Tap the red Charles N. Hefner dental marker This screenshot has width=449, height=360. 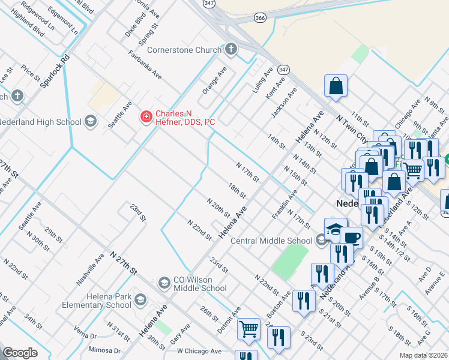coord(145,116)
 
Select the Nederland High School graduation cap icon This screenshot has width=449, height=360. coord(90,122)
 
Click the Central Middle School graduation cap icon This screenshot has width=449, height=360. coord(322,241)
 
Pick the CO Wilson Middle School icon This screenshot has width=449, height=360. coord(164,283)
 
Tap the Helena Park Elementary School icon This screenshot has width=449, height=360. coord(140,299)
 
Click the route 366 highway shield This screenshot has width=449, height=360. coord(260,18)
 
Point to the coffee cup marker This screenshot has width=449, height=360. coord(352,238)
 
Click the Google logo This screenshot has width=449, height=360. coord(20,352)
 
